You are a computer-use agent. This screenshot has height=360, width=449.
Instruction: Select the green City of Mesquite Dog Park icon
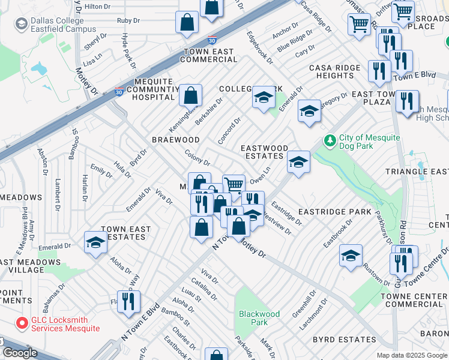(329, 141)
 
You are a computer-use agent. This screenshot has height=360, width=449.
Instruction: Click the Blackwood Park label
(259, 317)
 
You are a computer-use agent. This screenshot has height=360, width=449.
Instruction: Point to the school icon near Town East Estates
(95, 243)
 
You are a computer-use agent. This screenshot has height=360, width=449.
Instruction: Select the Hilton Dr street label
(98, 7)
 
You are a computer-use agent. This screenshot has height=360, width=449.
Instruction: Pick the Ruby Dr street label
(128, 20)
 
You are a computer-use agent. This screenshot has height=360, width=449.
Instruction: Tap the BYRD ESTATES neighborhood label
(345, 340)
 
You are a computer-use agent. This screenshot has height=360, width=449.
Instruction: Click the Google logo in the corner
(20, 353)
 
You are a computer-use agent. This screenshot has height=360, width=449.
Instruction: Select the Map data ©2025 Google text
(411, 355)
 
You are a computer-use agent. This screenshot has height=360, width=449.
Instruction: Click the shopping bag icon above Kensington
(190, 95)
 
